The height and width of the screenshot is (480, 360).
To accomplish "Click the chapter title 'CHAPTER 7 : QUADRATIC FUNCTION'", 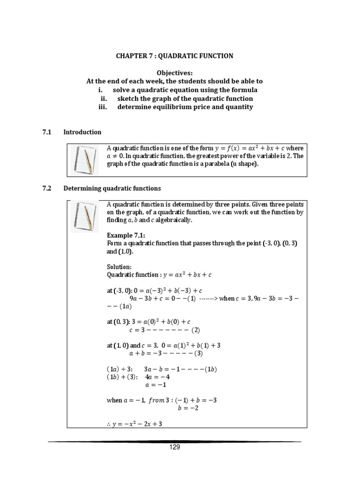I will pos(174,56).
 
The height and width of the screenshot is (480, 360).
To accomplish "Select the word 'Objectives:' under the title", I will pos(175,73).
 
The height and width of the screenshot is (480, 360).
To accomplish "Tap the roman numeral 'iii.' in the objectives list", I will pos(103,107).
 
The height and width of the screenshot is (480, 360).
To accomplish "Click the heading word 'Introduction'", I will pos(82,132).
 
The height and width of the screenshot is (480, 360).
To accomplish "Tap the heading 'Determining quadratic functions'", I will pos(112,188).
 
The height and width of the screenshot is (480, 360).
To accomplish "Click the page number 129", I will pos(174,447).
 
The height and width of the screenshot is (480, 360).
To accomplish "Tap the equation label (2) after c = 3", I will pos(195,330).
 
